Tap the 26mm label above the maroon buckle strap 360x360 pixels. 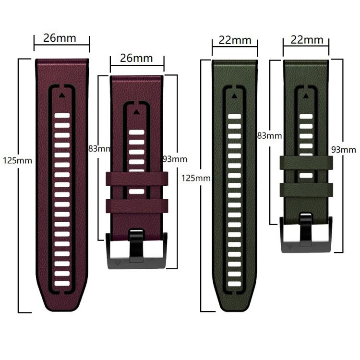tap(136, 59)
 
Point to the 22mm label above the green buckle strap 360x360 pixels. tap(306, 40)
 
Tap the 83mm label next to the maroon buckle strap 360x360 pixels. tap(99, 148)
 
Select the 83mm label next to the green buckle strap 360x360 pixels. tap(269, 136)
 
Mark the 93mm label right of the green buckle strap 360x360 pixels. tap(344, 150)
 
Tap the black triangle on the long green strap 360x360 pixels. tap(234, 96)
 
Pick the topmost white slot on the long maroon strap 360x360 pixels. tap(62, 116)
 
